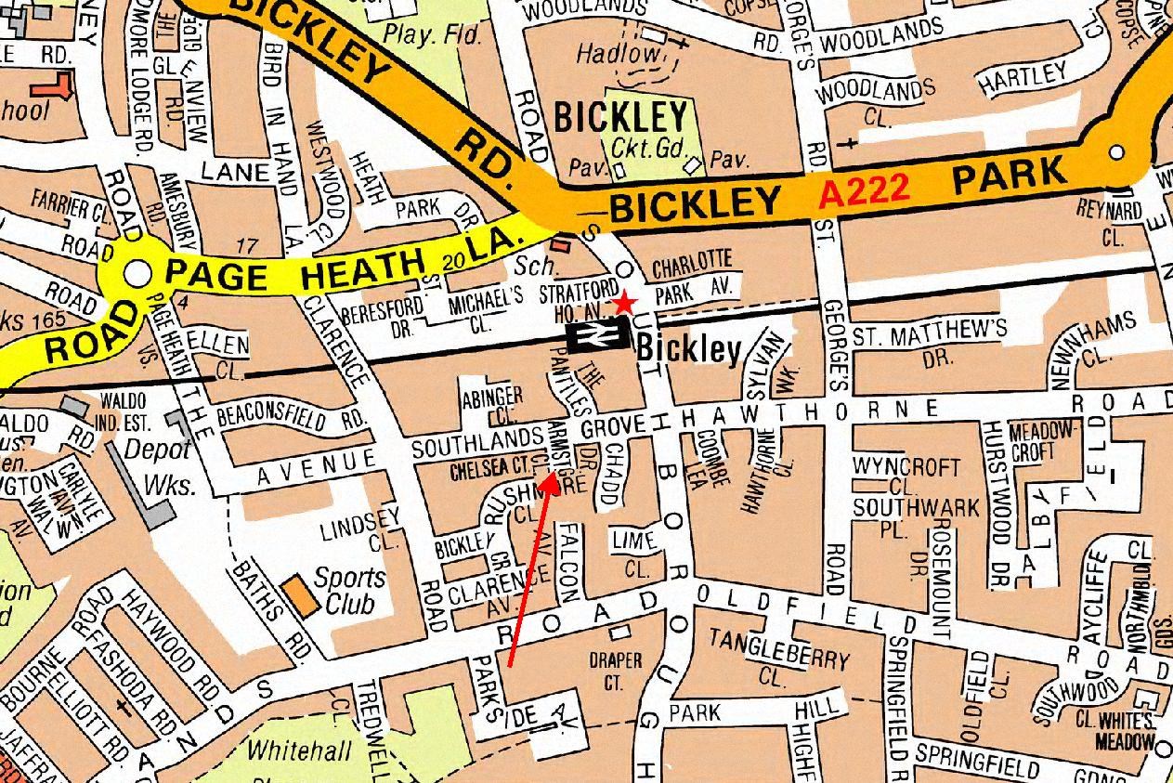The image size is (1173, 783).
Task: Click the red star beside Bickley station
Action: point(625,303)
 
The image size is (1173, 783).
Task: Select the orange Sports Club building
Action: point(298,594)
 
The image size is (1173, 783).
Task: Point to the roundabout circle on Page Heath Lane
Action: point(137,273)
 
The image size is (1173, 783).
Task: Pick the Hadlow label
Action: point(616,54)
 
